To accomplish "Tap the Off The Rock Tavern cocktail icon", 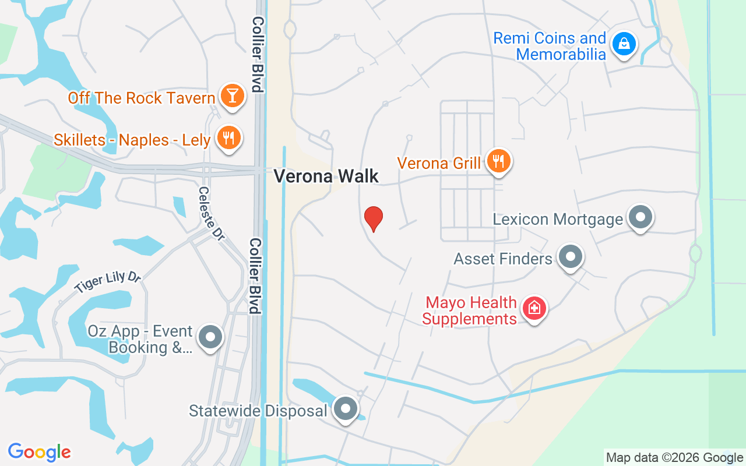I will (x=232, y=96).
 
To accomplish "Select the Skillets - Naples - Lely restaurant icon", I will (x=228, y=139).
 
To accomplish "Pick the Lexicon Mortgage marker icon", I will (x=641, y=218).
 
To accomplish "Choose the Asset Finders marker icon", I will (x=570, y=257).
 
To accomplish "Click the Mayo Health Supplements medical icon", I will (x=533, y=308).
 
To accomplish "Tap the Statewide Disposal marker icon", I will (x=346, y=409).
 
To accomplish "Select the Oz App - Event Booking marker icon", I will (x=210, y=338).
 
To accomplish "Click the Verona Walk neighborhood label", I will (x=326, y=176).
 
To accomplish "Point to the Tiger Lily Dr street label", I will (x=108, y=283).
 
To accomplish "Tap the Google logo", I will (x=40, y=452).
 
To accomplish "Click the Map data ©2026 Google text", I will (x=674, y=458).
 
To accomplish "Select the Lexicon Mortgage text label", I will (x=558, y=219).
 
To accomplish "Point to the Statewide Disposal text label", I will (x=258, y=411).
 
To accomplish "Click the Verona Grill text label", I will (x=439, y=163).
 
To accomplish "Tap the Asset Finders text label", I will (x=503, y=258).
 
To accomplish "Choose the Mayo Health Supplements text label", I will (x=470, y=311).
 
